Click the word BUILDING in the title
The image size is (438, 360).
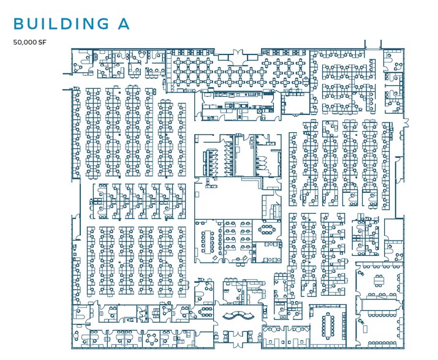point(61,23)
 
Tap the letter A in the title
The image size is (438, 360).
point(124,23)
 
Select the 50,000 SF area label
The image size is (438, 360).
point(29,42)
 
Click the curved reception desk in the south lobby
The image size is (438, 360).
point(238,315)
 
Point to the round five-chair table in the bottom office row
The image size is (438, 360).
point(152,339)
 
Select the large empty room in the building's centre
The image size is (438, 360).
point(228,201)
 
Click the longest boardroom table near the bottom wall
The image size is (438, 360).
point(328,326)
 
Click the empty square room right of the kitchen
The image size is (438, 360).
point(295,103)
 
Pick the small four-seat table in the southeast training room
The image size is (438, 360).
point(379,280)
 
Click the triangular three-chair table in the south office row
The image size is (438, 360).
point(168,309)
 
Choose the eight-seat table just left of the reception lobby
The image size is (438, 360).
point(206,310)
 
